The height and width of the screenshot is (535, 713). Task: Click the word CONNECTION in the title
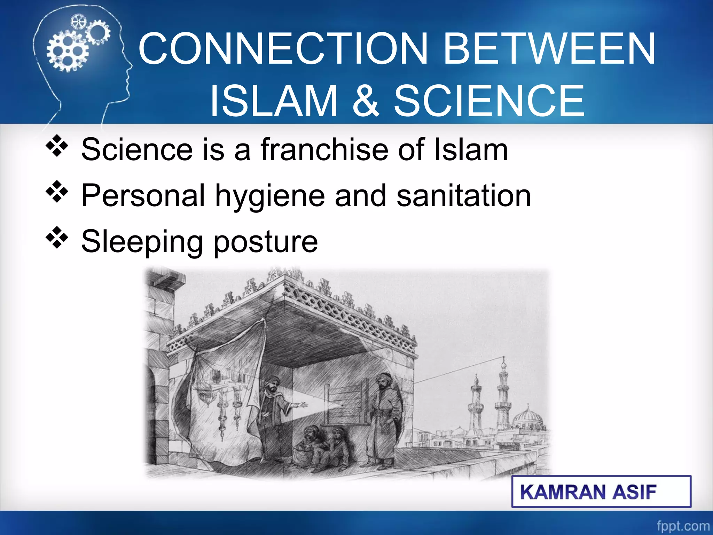(283, 49)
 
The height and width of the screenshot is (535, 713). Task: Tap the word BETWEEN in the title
(549, 49)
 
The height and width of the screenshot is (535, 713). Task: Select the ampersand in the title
(365, 101)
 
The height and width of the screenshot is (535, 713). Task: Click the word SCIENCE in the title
(489, 101)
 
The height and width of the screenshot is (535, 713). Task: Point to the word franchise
(324, 150)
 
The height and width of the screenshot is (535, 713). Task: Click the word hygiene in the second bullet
(269, 196)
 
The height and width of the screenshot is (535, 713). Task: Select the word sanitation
(463, 196)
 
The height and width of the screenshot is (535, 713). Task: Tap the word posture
(265, 242)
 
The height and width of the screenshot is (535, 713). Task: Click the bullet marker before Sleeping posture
(57, 238)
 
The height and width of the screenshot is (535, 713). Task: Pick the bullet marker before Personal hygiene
(57, 192)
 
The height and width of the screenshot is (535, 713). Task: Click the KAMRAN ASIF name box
(601, 491)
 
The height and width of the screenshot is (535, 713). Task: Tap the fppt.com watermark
(683, 526)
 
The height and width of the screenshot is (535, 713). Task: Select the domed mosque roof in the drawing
(528, 418)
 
